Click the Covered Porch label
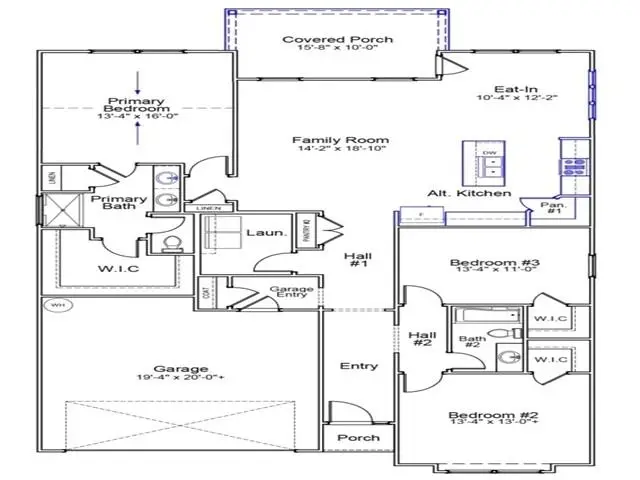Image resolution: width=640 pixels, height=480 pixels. pos(323,40)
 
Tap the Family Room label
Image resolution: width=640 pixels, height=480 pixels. pos(326,140)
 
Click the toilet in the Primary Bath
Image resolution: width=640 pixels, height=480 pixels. pos(169,243)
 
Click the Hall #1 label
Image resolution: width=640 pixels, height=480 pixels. pos(358,262)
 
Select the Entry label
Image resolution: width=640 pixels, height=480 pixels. pos(359,366)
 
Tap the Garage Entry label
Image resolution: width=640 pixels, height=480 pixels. pos(293,293)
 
